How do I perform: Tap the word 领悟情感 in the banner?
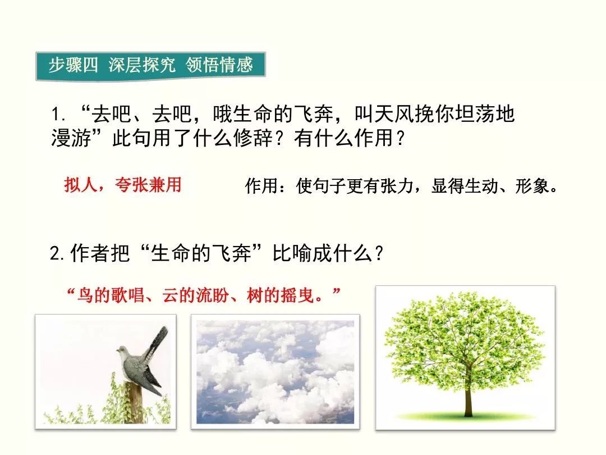pos(219,65)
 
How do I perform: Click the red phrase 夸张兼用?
pos(148,185)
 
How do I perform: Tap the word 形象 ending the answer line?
pos(532,186)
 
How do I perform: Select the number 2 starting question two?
pos(55,254)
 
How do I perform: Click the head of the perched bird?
pos(123,351)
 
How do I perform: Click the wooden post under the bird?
pos(135,402)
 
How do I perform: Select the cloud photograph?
pos(275,372)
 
